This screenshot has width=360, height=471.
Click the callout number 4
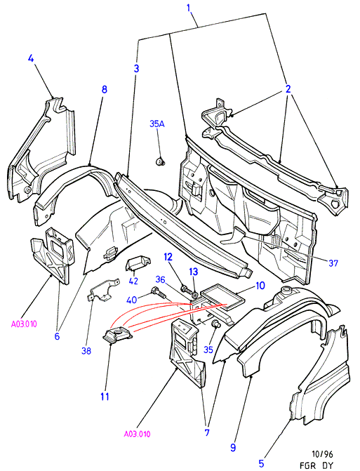(31, 58)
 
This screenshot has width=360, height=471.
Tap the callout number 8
(104, 89)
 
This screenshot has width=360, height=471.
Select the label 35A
(157, 124)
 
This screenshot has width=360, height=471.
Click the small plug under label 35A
(159, 162)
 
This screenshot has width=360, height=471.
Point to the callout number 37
(333, 263)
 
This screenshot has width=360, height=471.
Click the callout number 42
(133, 281)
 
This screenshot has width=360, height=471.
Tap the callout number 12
(168, 257)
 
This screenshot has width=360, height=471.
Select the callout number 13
(194, 272)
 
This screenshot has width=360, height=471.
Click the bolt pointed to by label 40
(159, 293)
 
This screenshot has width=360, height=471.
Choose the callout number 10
(260, 286)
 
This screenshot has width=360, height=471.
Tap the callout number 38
(86, 350)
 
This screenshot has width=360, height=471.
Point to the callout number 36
(160, 279)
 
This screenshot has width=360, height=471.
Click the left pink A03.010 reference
(24, 324)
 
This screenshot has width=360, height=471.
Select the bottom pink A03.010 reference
(138, 434)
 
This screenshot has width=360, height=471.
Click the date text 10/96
(322, 454)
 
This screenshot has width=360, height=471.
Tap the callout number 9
(233, 448)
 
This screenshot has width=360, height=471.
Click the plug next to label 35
(216, 324)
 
